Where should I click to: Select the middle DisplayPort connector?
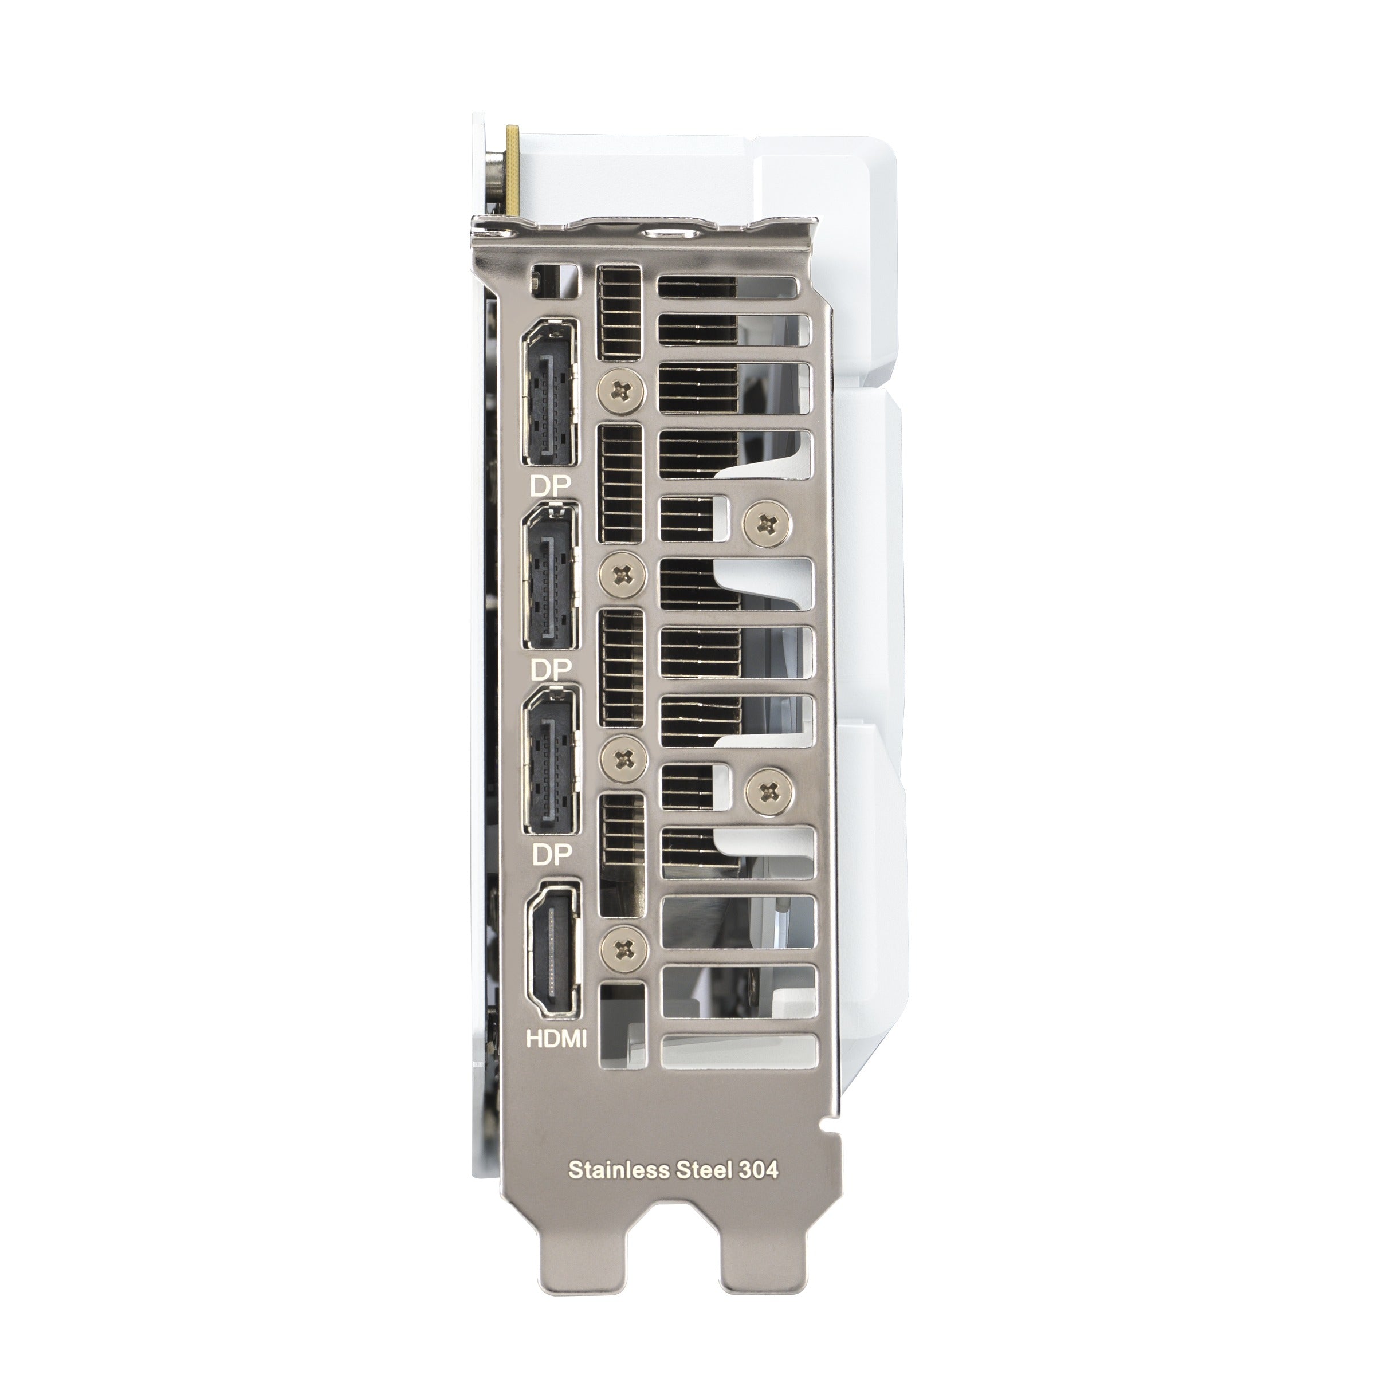point(550,576)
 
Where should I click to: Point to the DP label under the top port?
point(551,488)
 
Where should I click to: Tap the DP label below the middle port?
point(551,670)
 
